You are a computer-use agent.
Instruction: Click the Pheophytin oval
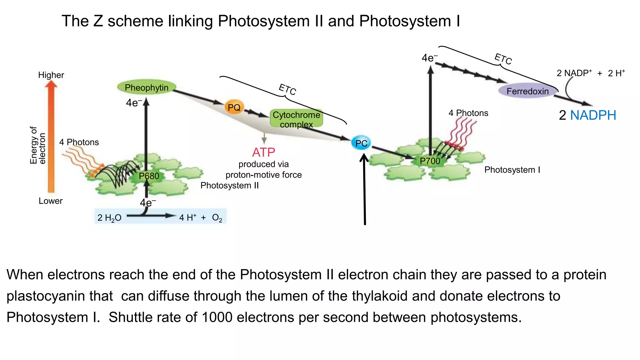click(147, 87)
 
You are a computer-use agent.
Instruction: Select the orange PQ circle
click(234, 107)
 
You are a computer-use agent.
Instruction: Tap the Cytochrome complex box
click(296, 119)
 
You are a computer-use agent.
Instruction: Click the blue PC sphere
click(361, 143)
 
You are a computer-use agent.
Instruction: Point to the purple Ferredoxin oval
click(527, 91)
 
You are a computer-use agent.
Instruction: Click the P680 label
click(149, 176)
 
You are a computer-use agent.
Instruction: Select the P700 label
click(430, 161)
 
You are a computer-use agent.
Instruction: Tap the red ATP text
click(263, 152)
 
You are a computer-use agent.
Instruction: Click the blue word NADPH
click(593, 115)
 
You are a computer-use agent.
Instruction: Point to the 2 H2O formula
click(109, 218)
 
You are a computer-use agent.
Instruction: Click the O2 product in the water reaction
click(217, 218)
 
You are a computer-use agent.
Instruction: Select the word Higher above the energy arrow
click(51, 75)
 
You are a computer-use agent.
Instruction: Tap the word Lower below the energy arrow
click(51, 201)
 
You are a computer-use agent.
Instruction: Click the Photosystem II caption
click(230, 185)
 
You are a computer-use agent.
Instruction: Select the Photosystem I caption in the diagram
click(512, 170)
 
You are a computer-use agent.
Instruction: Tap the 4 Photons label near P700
click(468, 113)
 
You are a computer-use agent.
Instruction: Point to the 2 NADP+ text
click(574, 73)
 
